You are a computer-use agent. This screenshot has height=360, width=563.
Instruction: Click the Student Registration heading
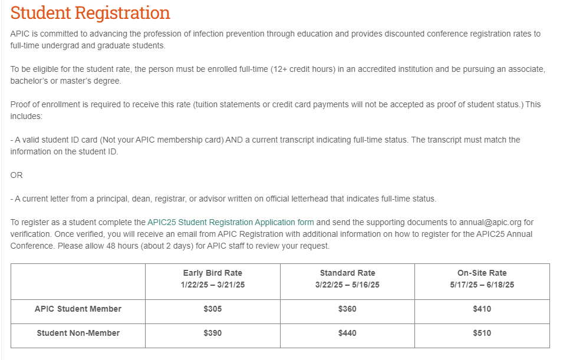pyautogui.click(x=90, y=13)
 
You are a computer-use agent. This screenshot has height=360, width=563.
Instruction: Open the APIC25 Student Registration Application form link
pyautogui.click(x=231, y=222)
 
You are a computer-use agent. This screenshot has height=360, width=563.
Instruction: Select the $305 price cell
pyautogui.click(x=212, y=309)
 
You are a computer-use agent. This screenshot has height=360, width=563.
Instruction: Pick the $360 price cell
pyautogui.click(x=347, y=309)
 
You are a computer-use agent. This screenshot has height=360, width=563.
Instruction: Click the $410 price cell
pyautogui.click(x=482, y=309)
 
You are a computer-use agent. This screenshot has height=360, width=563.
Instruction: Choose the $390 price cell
pyautogui.click(x=212, y=333)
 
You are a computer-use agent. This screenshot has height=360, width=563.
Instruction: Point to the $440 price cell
pyautogui.click(x=347, y=333)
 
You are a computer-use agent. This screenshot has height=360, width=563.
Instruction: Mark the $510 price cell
pyautogui.click(x=482, y=333)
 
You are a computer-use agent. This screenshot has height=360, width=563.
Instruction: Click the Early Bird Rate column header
pyautogui.click(x=212, y=273)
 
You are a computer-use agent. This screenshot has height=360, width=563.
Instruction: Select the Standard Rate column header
pyautogui.click(x=347, y=273)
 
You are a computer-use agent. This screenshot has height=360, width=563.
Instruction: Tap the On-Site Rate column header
pyautogui.click(x=482, y=273)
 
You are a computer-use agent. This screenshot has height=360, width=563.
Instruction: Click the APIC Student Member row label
pyautogui.click(x=78, y=309)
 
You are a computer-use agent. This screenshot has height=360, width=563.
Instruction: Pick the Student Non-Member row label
pyautogui.click(x=78, y=333)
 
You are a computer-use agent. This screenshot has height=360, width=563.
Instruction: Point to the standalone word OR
pyautogui.click(x=17, y=175)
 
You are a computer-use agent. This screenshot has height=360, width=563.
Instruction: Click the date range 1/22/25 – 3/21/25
pyautogui.click(x=212, y=285)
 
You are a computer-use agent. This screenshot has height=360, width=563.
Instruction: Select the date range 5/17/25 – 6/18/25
pyautogui.click(x=482, y=285)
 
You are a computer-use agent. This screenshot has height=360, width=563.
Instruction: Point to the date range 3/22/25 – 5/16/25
pyautogui.click(x=347, y=285)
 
